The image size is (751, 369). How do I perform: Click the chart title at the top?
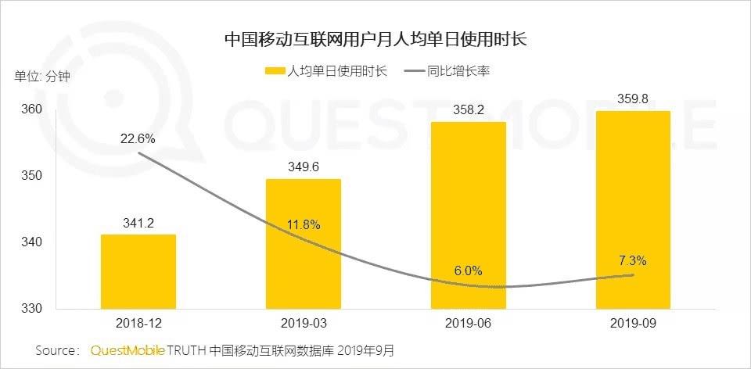375,39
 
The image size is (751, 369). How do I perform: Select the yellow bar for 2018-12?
138,272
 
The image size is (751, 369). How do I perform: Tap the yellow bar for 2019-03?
304,244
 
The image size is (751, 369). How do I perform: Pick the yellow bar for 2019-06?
469,215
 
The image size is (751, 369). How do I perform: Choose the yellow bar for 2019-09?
633,210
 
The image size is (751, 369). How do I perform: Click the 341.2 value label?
138,223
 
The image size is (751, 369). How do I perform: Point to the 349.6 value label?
304,167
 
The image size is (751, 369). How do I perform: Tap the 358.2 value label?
469,110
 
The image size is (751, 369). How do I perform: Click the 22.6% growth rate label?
138,139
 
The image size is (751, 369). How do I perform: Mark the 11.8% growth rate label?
304,224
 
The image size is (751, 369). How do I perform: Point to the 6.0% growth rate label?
468,271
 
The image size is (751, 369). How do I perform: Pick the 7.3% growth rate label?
632,261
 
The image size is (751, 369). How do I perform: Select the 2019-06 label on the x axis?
468,324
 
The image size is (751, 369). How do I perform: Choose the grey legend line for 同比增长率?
415,72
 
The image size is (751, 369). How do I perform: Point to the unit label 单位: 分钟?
42,76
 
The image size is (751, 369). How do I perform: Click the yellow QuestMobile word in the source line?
128,351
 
